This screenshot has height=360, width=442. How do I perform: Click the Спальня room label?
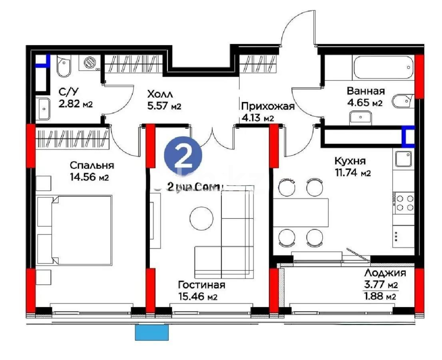(92, 165)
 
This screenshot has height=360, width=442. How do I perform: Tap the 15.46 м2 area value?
(197, 297)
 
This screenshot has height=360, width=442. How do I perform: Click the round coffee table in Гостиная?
(202, 218)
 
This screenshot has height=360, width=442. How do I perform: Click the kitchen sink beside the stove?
(404, 159)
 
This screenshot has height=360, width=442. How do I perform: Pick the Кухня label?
(350, 161)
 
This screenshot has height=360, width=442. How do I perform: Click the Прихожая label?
(268, 106)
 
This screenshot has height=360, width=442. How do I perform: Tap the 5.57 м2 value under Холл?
(164, 106)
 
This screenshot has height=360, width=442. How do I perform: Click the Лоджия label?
(385, 273)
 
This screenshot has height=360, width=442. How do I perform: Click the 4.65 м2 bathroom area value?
(365, 102)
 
